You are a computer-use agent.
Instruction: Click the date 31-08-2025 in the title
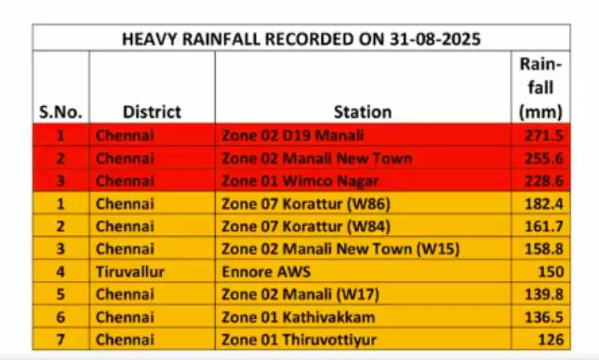(435, 39)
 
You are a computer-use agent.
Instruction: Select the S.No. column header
(61, 112)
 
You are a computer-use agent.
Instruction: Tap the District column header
(152, 112)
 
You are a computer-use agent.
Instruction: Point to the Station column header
(363, 112)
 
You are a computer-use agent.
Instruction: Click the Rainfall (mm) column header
(540, 88)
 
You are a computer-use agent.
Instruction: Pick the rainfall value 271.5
(544, 135)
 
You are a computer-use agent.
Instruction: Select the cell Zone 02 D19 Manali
(293, 135)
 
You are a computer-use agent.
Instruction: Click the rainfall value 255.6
(544, 159)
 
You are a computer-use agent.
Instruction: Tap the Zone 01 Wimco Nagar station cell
(300, 180)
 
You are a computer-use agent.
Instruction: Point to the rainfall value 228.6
(544, 180)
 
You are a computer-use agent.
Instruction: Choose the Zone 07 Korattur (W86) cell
(306, 204)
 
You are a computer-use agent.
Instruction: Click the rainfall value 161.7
(544, 226)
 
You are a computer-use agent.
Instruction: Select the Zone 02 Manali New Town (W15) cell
(341, 249)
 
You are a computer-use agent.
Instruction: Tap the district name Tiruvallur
(130, 272)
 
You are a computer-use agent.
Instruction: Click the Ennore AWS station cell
(266, 272)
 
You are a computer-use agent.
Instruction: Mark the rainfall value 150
(551, 272)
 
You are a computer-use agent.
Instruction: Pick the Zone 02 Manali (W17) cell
(301, 294)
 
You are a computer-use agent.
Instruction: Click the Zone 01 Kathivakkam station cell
(298, 317)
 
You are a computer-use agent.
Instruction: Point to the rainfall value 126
(551, 340)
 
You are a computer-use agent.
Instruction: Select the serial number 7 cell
(60, 340)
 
